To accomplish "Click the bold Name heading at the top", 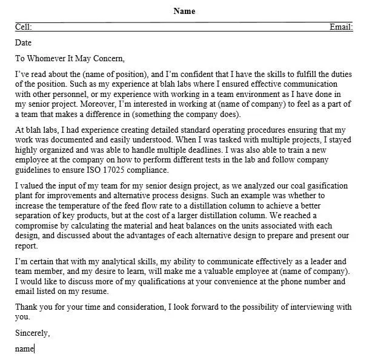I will [184, 11].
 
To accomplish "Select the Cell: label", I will [24, 27].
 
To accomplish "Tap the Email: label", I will [341, 27].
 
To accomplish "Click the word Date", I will [23, 43].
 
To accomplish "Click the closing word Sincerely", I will [32, 333].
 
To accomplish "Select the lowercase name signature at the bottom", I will [24, 348].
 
